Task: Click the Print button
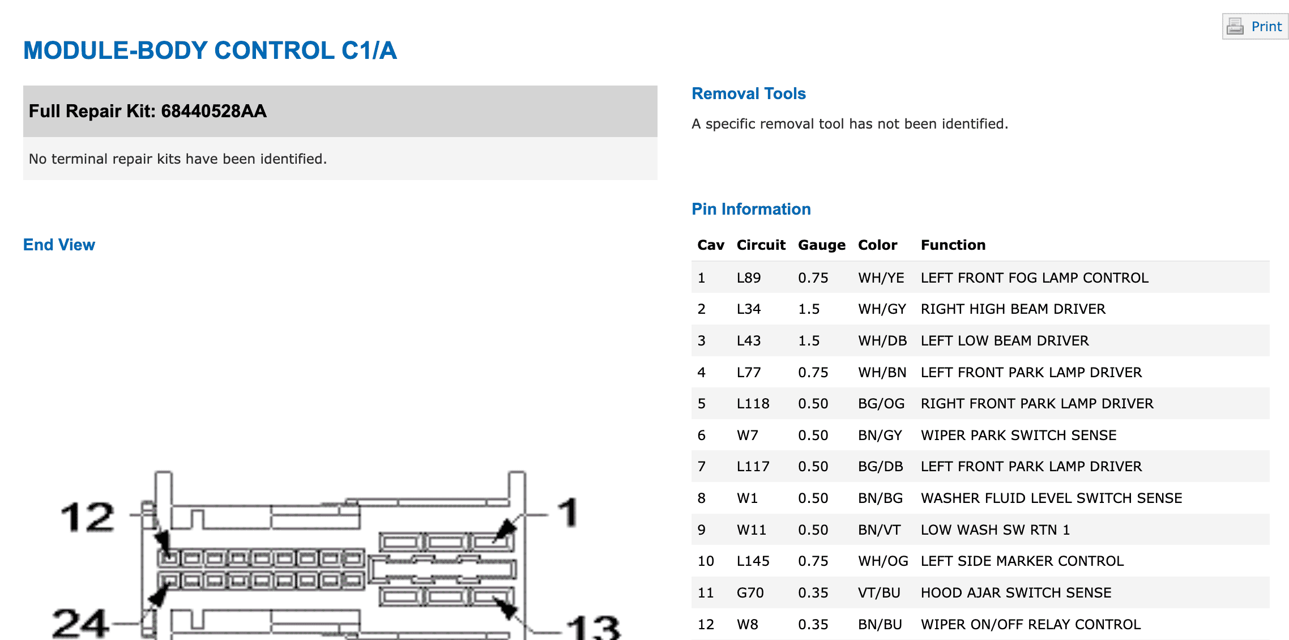coord(1255,27)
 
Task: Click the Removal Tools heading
coord(749,93)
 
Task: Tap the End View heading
coord(59,245)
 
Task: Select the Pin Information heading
coord(751,209)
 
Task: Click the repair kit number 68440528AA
coord(214,111)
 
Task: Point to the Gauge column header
coord(821,245)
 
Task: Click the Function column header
coord(953,245)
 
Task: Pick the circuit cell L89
coord(749,278)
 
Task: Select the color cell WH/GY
coord(882,309)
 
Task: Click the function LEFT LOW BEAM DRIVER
coord(1005,340)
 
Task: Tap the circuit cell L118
coord(753,403)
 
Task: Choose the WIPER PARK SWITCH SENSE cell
coord(1018,435)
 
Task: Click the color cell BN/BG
coord(880,498)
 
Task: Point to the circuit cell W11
coord(751,530)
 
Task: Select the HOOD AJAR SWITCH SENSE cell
coord(1016,592)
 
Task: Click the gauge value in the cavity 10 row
coord(813,561)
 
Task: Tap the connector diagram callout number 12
coord(88,517)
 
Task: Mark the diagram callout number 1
coord(568,512)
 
